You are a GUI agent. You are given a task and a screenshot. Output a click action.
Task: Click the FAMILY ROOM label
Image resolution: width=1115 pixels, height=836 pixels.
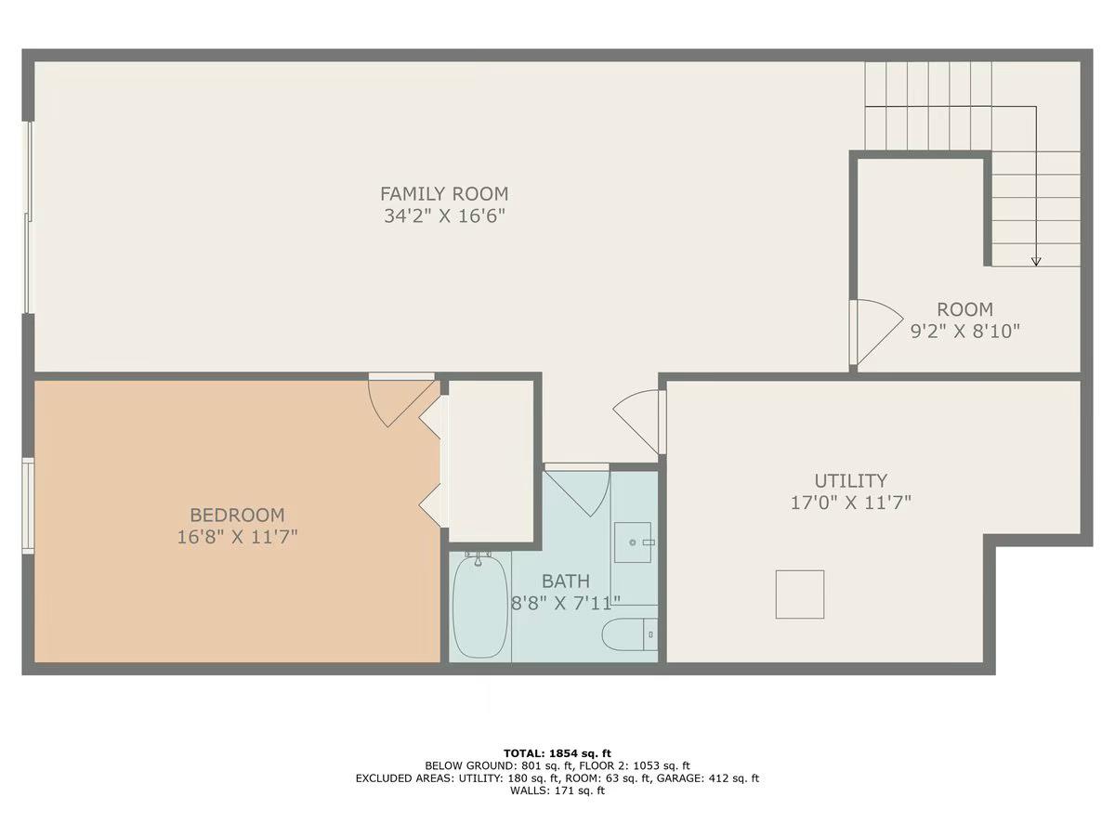[444, 194]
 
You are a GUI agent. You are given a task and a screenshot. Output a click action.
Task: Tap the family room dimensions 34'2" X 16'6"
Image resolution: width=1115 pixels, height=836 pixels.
[444, 216]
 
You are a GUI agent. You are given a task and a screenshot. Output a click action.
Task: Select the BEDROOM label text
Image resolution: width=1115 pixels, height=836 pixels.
[237, 516]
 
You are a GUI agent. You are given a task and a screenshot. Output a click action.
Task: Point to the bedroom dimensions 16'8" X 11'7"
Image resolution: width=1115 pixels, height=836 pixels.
[237, 537]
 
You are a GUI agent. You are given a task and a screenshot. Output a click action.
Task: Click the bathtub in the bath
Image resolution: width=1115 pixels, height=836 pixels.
[480, 607]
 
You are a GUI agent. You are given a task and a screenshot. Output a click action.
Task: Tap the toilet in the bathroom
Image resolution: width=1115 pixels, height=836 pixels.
[629, 634]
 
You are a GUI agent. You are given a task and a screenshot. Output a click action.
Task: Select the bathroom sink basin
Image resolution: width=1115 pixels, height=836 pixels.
[633, 542]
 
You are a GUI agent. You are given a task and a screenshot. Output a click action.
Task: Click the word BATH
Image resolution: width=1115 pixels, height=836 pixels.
[565, 581]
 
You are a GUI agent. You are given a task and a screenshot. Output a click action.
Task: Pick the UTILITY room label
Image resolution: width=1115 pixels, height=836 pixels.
[851, 480]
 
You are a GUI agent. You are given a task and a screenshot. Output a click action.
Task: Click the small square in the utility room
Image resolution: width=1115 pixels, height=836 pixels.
[800, 594]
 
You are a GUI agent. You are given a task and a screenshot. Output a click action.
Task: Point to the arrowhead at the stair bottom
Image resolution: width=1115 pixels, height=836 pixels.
[1036, 262]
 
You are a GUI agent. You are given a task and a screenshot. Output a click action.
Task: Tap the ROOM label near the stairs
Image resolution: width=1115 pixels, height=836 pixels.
[964, 309]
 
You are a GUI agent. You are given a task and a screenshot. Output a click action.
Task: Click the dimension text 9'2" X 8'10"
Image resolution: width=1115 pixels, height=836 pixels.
[965, 332]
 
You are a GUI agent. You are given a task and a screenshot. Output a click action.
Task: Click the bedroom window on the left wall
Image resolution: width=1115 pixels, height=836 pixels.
[28, 505]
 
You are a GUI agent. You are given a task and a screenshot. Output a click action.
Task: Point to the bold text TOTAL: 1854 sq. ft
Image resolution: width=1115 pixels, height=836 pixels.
[557, 753]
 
